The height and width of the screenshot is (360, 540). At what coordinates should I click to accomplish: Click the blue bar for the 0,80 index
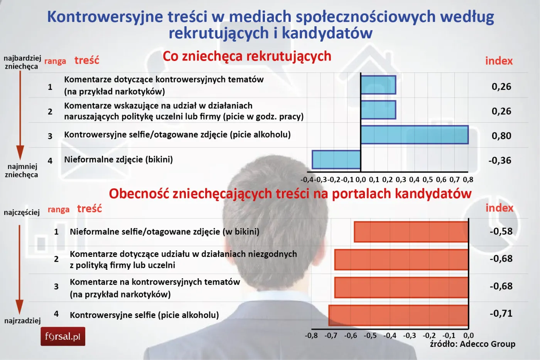pyautogui.click(x=414, y=135)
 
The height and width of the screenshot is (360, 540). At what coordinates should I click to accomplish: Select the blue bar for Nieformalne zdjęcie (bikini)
pyautogui.click(x=336, y=160)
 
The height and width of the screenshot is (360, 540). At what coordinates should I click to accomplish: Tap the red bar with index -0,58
pyautogui.click(x=411, y=232)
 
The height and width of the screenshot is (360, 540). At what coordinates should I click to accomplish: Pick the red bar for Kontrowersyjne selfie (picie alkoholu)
pyautogui.click(x=398, y=315)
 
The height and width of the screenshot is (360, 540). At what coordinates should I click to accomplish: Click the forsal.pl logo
pyautogui.click(x=63, y=336)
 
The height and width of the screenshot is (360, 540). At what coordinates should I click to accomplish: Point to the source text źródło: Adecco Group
pyautogui.click(x=472, y=344)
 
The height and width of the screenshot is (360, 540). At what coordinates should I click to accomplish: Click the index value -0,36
pyautogui.click(x=500, y=161)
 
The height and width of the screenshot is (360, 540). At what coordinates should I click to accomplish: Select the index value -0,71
pyautogui.click(x=501, y=313)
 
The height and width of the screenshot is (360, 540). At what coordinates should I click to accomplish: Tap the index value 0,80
pyautogui.click(x=501, y=136)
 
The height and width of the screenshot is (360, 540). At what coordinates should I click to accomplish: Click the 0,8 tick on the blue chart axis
pyautogui.click(x=468, y=180)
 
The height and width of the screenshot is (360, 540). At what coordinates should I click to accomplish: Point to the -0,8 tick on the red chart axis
pyautogui.click(x=311, y=335)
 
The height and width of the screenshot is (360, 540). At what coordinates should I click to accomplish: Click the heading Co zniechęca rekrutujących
pyautogui.click(x=247, y=56)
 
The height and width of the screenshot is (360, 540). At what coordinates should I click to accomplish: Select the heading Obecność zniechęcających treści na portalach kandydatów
pyautogui.click(x=290, y=194)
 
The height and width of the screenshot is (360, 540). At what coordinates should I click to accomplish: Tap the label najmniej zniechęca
pyautogui.click(x=22, y=171)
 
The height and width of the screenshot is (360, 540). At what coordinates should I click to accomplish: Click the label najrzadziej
pyautogui.click(x=22, y=321)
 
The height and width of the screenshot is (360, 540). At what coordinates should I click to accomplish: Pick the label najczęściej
pyautogui.click(x=22, y=212)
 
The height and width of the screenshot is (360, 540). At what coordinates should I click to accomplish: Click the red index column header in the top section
pyautogui.click(x=499, y=61)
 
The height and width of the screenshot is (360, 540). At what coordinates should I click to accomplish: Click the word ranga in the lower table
pyautogui.click(x=59, y=210)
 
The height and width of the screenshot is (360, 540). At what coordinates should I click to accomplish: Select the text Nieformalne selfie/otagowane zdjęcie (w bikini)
pyautogui.click(x=164, y=232)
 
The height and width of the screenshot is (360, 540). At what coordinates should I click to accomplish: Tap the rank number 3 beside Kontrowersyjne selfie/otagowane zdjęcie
pyautogui.click(x=50, y=136)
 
